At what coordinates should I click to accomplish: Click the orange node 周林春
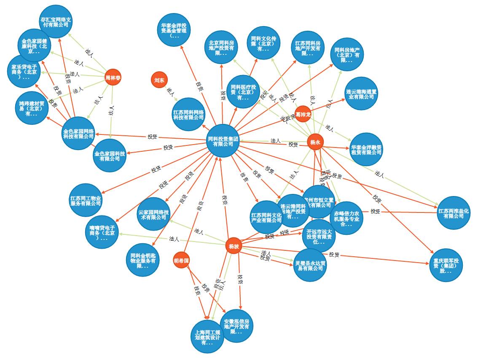[113, 77]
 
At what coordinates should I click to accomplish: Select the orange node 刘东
[159, 80]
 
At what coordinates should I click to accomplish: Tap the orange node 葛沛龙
[303, 114]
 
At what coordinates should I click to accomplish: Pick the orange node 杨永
[315, 142]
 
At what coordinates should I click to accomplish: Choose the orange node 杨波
[234, 246]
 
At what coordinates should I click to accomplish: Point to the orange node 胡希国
[181, 261]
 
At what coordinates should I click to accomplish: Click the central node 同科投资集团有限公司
[223, 141]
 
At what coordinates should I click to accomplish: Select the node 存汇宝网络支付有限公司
[55, 21]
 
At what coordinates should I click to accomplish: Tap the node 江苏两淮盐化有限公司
[454, 213]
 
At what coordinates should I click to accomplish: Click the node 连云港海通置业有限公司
[361, 94]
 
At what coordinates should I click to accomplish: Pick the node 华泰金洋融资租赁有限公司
[366, 149]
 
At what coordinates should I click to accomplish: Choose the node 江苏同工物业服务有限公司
[86, 200]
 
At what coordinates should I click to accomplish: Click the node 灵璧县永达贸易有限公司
[310, 265]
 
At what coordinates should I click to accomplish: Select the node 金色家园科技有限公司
[110, 156]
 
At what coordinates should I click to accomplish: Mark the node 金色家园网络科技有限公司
[78, 133]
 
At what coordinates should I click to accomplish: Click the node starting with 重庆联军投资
[446, 265]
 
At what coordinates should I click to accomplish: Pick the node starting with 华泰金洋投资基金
[173, 30]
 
